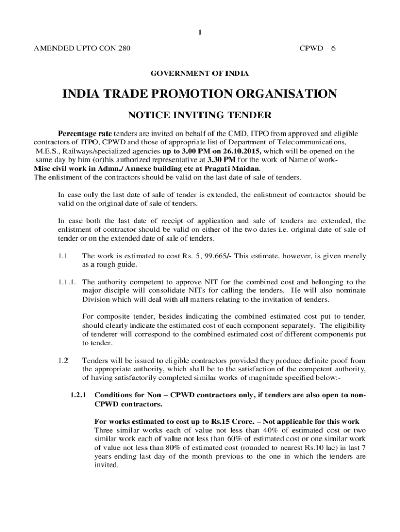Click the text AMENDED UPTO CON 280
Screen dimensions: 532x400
(82, 49)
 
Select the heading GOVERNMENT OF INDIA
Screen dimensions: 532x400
(199, 74)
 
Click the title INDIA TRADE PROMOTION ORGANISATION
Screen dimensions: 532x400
(199, 94)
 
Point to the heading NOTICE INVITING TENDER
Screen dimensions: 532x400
(199, 115)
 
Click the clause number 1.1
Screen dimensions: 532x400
(63, 256)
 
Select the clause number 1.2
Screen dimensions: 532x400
(63, 361)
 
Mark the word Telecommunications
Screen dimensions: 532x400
(315, 142)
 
